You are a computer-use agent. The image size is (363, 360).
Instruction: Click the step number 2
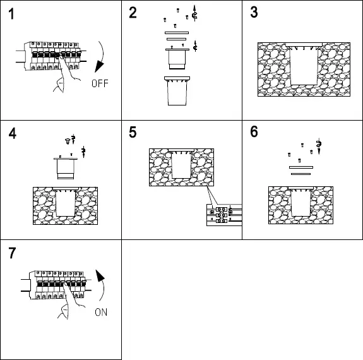(x=133, y=15)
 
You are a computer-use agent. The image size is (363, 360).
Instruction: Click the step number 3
(x=254, y=15)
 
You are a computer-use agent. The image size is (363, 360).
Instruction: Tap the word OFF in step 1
(x=100, y=83)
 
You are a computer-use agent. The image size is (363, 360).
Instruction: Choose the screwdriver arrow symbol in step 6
(x=319, y=147)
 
